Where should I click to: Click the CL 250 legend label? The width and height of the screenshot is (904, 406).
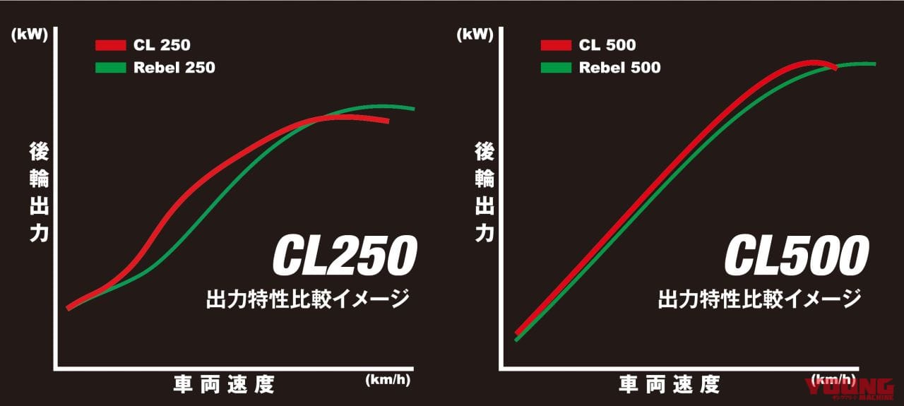[x=161, y=46]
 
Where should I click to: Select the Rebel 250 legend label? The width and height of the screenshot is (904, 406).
[x=174, y=68]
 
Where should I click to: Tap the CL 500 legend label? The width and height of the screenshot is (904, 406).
[x=607, y=46]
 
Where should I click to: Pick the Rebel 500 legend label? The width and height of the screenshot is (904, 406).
[x=619, y=68]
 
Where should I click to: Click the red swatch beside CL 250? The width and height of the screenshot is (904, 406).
[x=110, y=46]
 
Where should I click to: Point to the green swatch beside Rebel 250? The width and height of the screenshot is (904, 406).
[x=110, y=68]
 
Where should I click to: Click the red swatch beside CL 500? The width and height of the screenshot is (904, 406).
[x=556, y=46]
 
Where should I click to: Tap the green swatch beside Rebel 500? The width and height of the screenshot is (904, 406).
[x=556, y=68]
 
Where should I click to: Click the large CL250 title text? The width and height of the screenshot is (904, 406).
[x=344, y=256]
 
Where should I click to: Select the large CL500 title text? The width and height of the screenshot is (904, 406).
[x=796, y=256]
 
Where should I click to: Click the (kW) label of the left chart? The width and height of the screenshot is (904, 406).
[x=29, y=34]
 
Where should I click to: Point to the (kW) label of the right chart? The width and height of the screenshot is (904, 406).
[x=475, y=34]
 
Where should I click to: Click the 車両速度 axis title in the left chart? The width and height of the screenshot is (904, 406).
[x=223, y=384]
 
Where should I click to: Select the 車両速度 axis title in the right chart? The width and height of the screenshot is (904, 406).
[x=669, y=384]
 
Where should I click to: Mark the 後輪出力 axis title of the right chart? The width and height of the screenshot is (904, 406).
[x=484, y=192]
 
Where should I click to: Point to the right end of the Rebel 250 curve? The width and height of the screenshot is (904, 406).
[x=413, y=109]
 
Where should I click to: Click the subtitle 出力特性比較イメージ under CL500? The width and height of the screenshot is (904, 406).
[x=759, y=299]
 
